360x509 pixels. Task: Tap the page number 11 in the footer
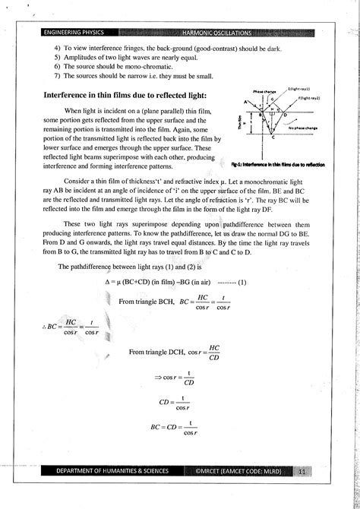point(304,472)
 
